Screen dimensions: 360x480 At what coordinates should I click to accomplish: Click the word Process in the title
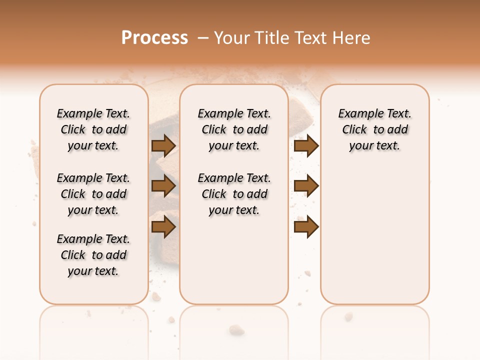154,38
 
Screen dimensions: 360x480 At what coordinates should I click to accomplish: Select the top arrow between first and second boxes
163,145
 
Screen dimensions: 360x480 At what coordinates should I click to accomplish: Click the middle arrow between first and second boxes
163,186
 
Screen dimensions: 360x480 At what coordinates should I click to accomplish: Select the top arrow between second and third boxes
306,145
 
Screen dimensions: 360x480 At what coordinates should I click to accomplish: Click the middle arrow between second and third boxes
306,186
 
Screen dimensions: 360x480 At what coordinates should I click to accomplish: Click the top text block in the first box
93,129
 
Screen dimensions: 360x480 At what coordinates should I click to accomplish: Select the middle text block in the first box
93,194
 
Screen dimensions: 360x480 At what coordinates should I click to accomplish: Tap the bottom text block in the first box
93,255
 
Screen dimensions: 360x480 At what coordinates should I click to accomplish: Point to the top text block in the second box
234,129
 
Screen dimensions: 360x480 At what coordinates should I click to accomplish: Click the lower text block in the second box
234,194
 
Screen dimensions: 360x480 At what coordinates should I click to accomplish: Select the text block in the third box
375,129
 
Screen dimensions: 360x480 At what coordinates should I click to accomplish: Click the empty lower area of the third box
375,235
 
